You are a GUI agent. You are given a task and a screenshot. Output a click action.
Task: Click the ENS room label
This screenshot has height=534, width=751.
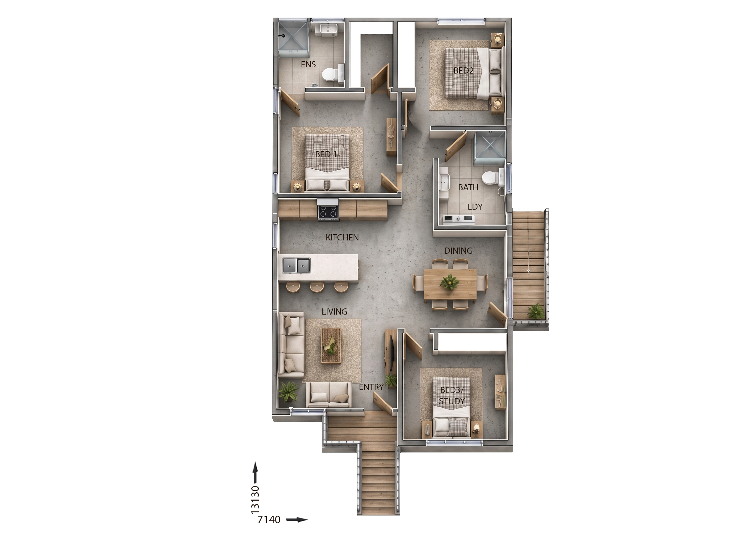(308, 65)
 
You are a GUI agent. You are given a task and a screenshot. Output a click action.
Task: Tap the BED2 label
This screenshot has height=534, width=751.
(464, 70)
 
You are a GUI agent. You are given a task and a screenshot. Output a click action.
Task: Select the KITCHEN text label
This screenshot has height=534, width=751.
(342, 237)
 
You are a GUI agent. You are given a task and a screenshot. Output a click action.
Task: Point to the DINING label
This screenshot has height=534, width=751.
(458, 251)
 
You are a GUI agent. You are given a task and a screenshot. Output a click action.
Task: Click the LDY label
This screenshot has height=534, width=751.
(475, 207)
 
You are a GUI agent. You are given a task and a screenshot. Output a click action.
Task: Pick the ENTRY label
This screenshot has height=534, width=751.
(371, 387)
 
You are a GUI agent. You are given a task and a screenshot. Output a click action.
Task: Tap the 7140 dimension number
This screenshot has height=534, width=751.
(269, 519)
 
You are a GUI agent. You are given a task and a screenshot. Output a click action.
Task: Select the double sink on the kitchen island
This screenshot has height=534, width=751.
(66, 265)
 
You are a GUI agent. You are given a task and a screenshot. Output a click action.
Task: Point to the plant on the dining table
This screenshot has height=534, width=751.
(449, 282)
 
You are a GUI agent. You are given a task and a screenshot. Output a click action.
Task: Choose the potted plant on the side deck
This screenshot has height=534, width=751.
(536, 311)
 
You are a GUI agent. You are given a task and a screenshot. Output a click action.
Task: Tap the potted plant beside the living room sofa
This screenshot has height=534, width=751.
(288, 391)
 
